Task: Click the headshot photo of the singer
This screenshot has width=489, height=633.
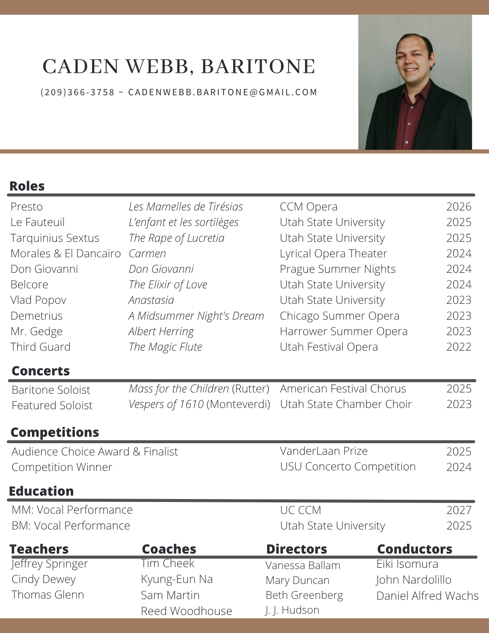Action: point(415,82)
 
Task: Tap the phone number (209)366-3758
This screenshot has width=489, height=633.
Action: point(78,92)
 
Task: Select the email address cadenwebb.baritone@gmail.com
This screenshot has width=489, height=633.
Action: point(223,92)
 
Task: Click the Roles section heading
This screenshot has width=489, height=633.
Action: point(27,186)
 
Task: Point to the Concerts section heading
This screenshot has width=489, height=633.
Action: point(41,371)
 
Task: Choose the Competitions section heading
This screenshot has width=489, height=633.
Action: point(55,432)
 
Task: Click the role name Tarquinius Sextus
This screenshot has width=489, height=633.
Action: point(55,238)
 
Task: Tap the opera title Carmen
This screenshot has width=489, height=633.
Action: point(147,254)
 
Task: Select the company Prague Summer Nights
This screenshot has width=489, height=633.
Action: point(337,269)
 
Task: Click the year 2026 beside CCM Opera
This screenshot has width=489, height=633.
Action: point(459,207)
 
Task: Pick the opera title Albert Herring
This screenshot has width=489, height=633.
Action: point(161,331)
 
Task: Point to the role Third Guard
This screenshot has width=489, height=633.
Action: point(41,347)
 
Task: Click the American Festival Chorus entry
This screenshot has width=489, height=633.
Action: point(343,389)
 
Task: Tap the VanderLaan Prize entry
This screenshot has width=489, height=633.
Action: point(323,451)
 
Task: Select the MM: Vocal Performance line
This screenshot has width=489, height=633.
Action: point(72,510)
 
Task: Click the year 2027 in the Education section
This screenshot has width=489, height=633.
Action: point(459,510)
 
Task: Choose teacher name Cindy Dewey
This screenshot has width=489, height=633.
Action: point(44,579)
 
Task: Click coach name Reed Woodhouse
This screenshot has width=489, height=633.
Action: point(186,611)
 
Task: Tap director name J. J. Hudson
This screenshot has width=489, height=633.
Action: point(292,610)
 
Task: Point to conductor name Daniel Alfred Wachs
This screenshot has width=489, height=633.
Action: point(427,596)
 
